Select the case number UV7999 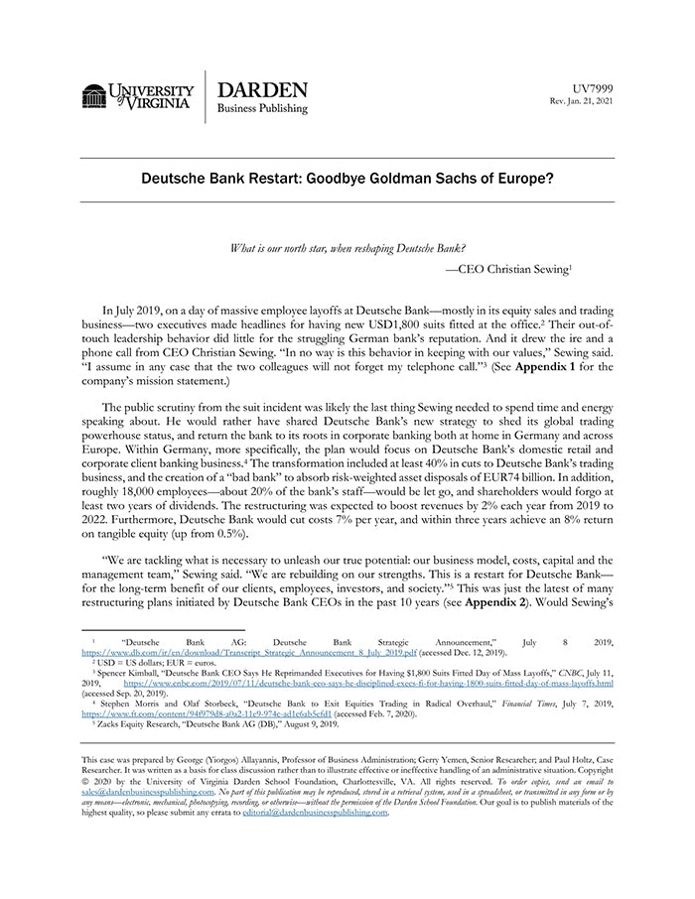click(x=592, y=88)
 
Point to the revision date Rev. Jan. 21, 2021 click(x=582, y=101)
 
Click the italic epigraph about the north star click(x=347, y=247)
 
